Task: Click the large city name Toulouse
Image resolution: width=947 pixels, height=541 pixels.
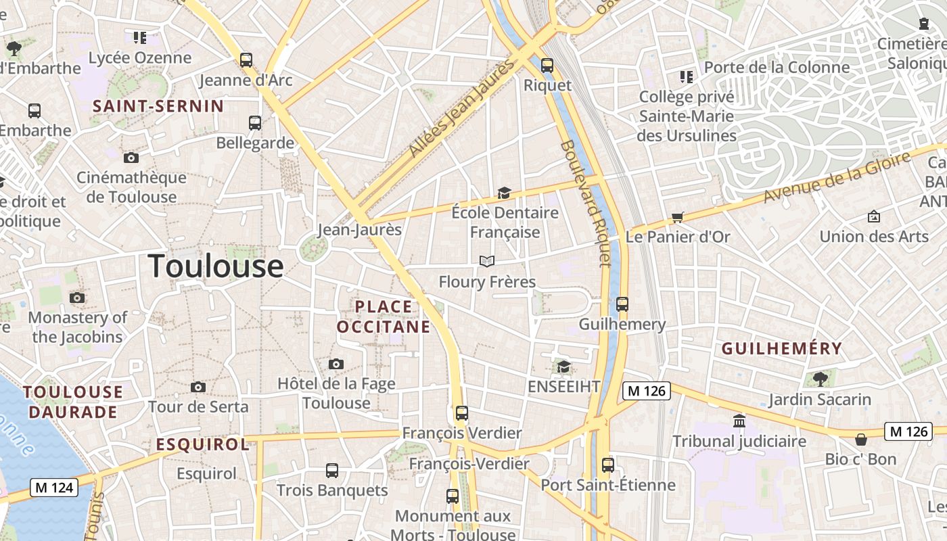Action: click(x=216, y=266)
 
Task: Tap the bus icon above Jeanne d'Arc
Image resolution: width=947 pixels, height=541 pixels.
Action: click(x=246, y=60)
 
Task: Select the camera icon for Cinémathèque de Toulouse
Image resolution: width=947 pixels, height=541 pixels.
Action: click(x=131, y=158)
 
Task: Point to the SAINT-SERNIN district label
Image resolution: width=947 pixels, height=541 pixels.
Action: click(x=158, y=106)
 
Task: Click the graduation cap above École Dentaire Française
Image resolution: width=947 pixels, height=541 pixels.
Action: click(x=504, y=193)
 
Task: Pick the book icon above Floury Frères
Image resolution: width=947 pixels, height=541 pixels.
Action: click(x=487, y=261)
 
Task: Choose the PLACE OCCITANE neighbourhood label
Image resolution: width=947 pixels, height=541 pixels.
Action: click(x=384, y=316)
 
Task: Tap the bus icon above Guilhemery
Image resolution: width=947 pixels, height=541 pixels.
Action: click(x=622, y=304)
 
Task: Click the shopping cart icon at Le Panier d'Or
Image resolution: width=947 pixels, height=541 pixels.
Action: click(x=677, y=217)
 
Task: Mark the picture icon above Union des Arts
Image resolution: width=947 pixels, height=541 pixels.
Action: click(x=874, y=216)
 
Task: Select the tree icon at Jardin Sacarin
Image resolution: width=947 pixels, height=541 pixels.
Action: click(x=821, y=379)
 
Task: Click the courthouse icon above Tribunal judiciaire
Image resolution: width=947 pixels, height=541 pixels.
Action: click(x=739, y=421)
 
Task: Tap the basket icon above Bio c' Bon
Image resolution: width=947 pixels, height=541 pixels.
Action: click(x=860, y=440)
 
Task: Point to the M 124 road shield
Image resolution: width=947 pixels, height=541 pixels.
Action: click(x=54, y=487)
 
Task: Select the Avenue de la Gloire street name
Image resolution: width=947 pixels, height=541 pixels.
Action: click(x=837, y=177)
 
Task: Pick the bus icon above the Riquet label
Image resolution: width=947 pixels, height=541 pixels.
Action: click(x=547, y=66)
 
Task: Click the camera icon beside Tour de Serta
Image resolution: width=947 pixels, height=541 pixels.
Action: click(x=198, y=387)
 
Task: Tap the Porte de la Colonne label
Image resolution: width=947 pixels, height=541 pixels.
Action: click(x=777, y=68)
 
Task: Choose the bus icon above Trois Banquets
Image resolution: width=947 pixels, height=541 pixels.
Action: click(x=332, y=470)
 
